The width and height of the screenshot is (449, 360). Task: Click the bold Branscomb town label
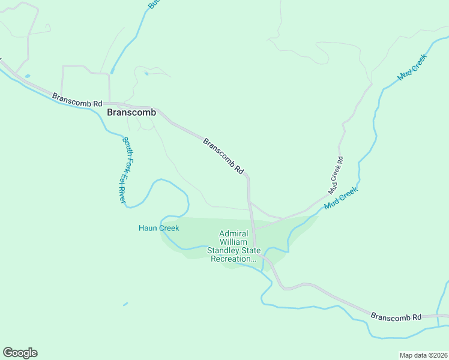(131, 112)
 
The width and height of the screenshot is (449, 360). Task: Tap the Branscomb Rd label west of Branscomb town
(77, 100)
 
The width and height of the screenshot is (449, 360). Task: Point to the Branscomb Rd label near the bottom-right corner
(396, 316)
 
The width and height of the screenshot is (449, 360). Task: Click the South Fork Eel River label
(123, 170)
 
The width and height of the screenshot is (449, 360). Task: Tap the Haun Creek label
(159, 228)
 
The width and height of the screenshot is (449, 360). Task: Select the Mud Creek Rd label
(336, 175)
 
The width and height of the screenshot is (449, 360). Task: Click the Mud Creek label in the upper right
(412, 67)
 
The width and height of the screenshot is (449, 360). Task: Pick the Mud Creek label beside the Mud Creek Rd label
(341, 197)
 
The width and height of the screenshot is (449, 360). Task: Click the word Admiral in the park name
(234, 233)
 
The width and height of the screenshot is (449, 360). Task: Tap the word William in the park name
(234, 242)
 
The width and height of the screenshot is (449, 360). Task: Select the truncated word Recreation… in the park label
(233, 259)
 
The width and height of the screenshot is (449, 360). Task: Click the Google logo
(20, 353)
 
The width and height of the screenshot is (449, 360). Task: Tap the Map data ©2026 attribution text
(423, 355)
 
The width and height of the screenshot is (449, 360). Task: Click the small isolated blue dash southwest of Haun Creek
(125, 304)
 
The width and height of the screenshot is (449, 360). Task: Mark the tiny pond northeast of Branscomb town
(146, 74)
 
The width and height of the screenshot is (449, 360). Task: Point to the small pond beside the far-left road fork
(26, 76)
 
